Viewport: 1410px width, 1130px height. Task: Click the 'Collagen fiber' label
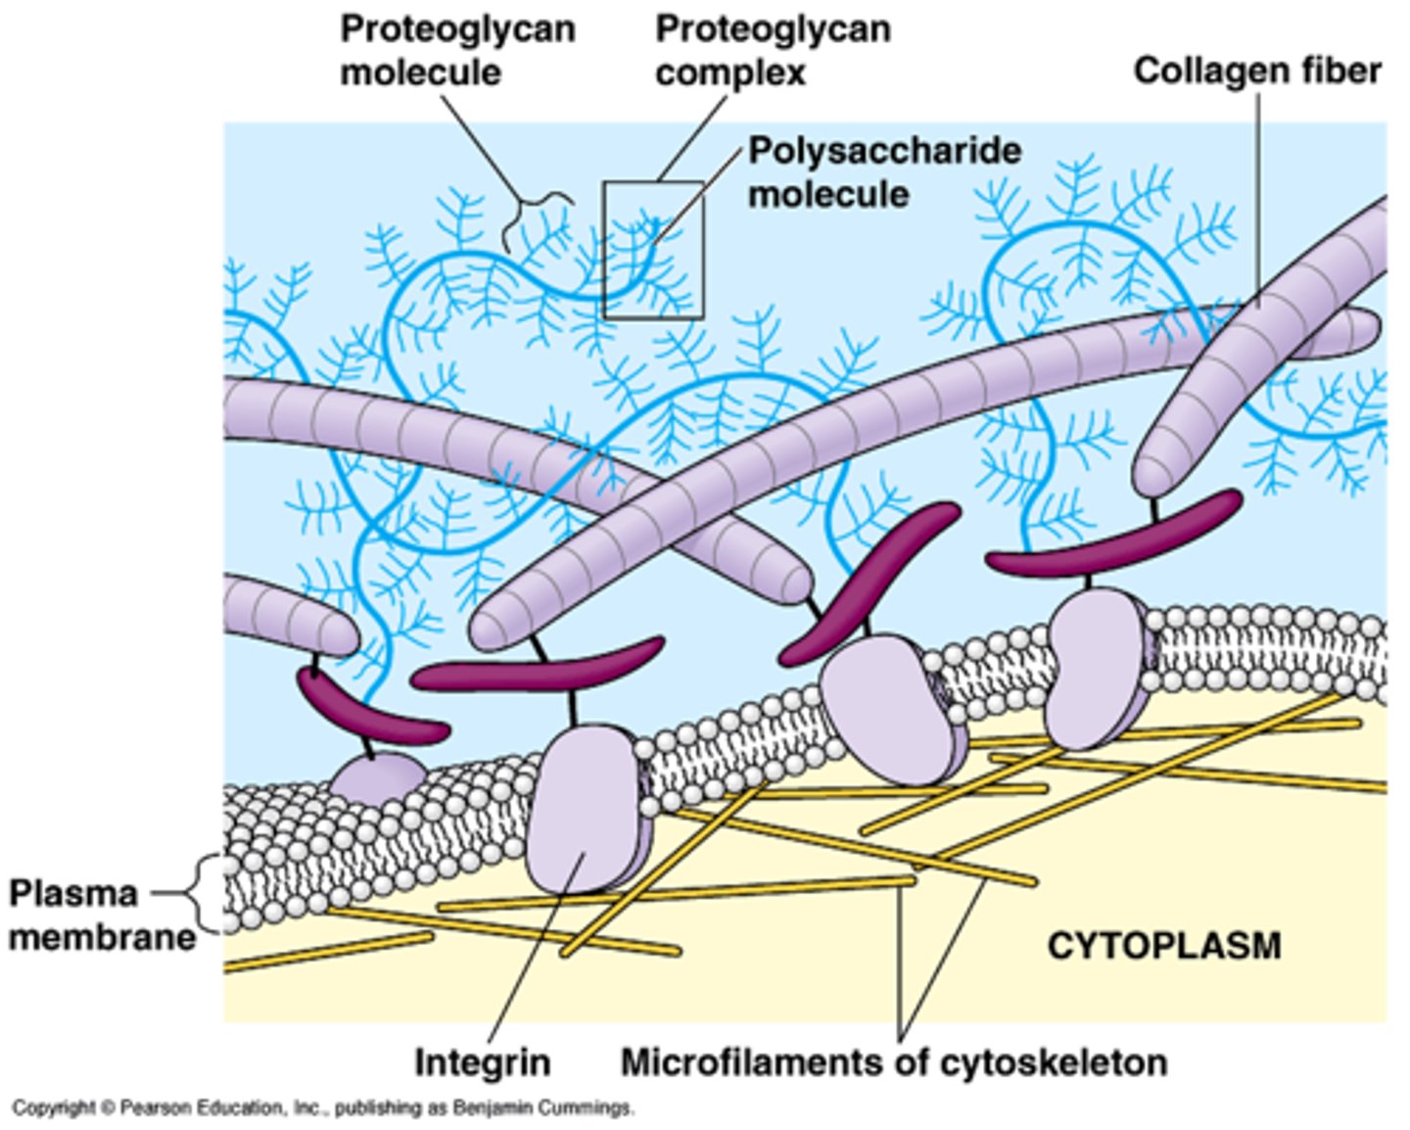(x=1257, y=71)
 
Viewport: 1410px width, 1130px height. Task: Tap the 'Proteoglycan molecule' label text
(x=456, y=51)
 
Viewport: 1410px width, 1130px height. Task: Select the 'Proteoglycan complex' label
(x=773, y=51)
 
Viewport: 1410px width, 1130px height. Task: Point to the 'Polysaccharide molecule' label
(x=884, y=172)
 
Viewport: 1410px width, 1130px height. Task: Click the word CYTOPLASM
(x=1164, y=946)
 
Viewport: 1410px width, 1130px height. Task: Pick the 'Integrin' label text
(x=483, y=1062)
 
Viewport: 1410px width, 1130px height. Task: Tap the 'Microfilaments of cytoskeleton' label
(x=893, y=1062)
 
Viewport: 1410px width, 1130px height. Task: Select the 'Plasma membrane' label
(x=101, y=916)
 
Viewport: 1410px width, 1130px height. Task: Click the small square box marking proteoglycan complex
(x=653, y=250)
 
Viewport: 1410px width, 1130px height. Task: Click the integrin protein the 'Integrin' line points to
(x=585, y=811)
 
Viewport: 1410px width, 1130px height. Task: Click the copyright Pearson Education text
(x=323, y=1108)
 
